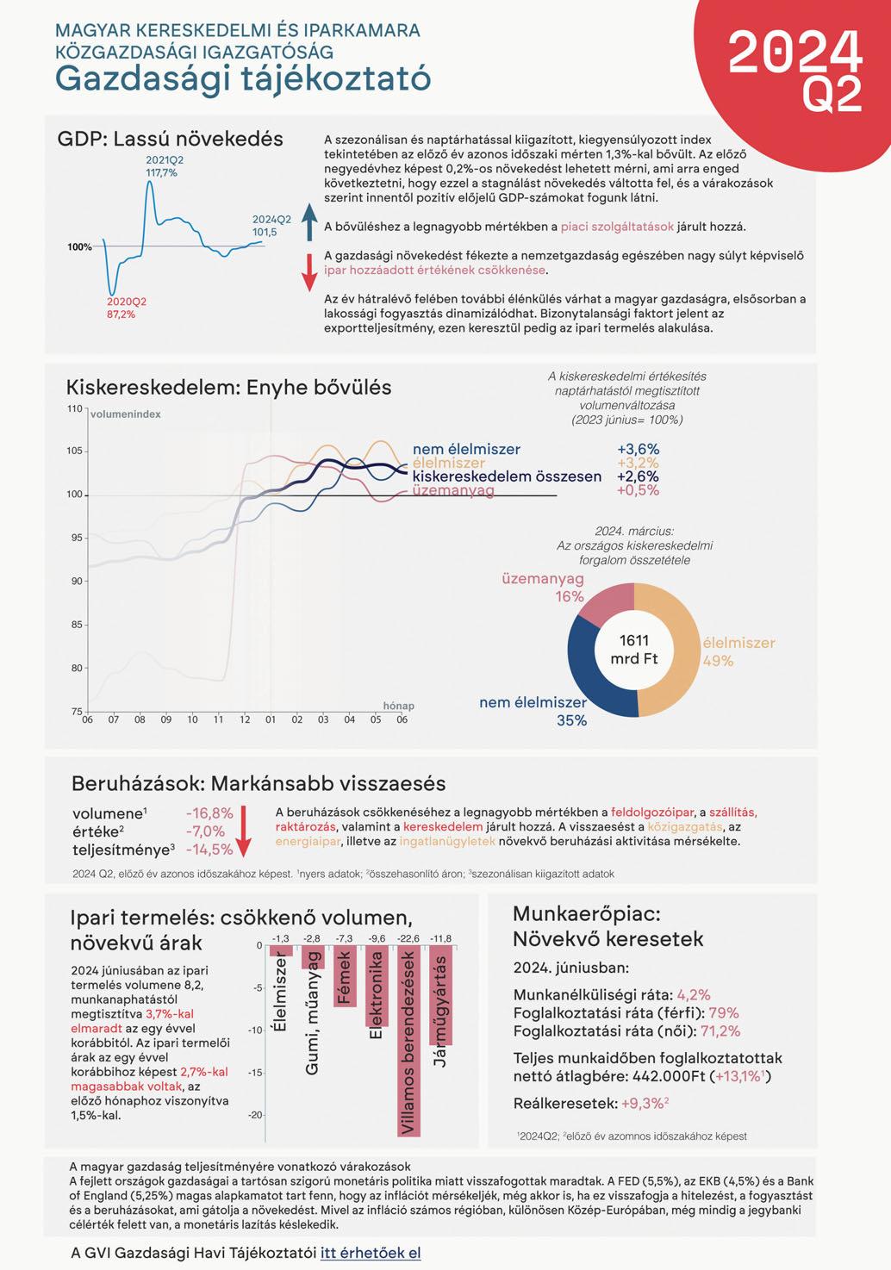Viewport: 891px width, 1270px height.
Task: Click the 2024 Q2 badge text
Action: [x=794, y=69]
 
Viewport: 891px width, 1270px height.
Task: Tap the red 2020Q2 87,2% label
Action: [x=126, y=308]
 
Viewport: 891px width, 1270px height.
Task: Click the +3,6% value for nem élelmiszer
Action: [x=638, y=449]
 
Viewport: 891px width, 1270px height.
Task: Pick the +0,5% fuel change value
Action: [x=638, y=490]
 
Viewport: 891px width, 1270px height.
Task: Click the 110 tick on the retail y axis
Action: [x=74, y=408]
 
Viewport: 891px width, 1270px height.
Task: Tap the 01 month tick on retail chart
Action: [x=271, y=719]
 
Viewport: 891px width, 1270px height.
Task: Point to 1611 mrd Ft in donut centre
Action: [x=634, y=650]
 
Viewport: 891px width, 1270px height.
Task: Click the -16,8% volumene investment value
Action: [x=209, y=813]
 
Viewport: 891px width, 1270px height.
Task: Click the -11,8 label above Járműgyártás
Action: [x=440, y=938]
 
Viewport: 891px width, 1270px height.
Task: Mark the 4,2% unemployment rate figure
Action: [x=694, y=994]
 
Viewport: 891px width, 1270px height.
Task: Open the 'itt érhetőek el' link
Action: [x=371, y=1253]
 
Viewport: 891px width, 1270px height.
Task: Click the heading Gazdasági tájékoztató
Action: [x=243, y=79]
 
